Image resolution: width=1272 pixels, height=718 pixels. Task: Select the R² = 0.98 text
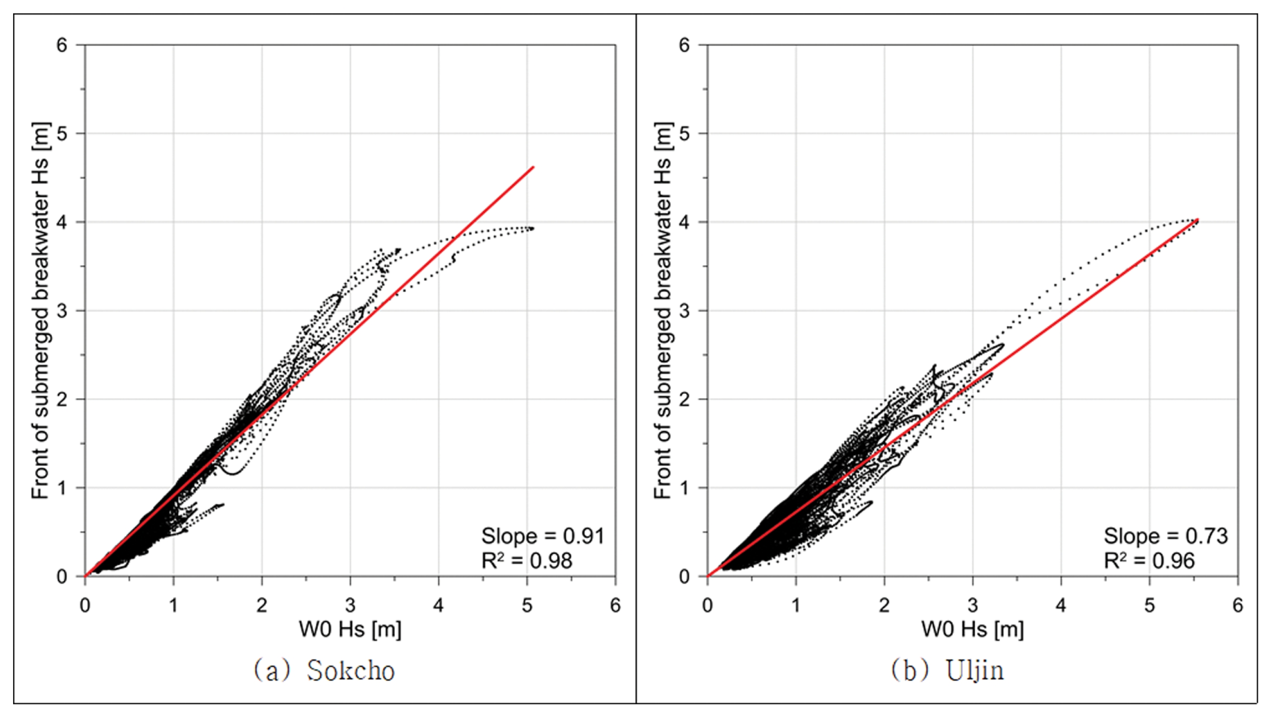tap(527, 561)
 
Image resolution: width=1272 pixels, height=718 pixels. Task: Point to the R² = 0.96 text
tap(1150, 561)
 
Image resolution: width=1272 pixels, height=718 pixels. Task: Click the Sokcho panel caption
tap(324, 671)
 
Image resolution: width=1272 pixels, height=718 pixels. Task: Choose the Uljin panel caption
tap(948, 671)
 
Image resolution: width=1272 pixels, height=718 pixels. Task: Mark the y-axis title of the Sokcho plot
tap(40, 311)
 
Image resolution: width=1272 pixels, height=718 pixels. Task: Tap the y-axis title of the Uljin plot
tap(663, 311)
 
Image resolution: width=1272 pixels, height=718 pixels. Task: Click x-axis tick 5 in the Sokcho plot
tap(527, 606)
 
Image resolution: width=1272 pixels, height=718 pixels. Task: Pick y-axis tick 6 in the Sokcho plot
tap(62, 46)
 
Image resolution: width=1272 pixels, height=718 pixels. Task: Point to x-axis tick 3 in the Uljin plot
tap(973, 606)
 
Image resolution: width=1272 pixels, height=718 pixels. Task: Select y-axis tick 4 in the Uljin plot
tap(684, 222)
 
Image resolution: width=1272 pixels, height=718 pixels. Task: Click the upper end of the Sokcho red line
tap(534, 167)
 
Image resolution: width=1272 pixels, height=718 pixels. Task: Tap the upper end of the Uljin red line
tap(1198, 220)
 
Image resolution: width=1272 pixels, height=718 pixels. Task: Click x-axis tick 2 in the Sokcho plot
tap(262, 606)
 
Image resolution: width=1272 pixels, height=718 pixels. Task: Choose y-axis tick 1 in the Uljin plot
tap(684, 488)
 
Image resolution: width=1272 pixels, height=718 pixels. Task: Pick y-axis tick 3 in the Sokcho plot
tap(62, 311)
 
